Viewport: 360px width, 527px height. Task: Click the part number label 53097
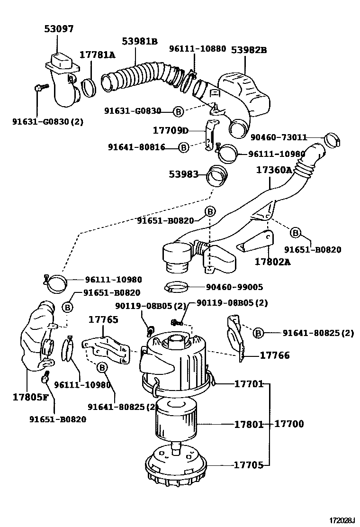point(59,29)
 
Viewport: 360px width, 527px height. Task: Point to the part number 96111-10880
point(198,49)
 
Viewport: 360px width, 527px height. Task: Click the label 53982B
point(249,50)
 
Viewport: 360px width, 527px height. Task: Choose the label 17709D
point(171,130)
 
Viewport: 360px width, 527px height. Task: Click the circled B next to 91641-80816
point(184,147)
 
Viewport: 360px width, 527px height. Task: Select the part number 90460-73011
point(279,137)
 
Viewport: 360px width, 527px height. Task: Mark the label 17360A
point(274,170)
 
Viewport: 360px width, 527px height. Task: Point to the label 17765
point(103,319)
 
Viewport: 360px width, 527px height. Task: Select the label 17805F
point(30,397)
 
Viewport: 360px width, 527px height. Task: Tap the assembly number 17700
point(289,424)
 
